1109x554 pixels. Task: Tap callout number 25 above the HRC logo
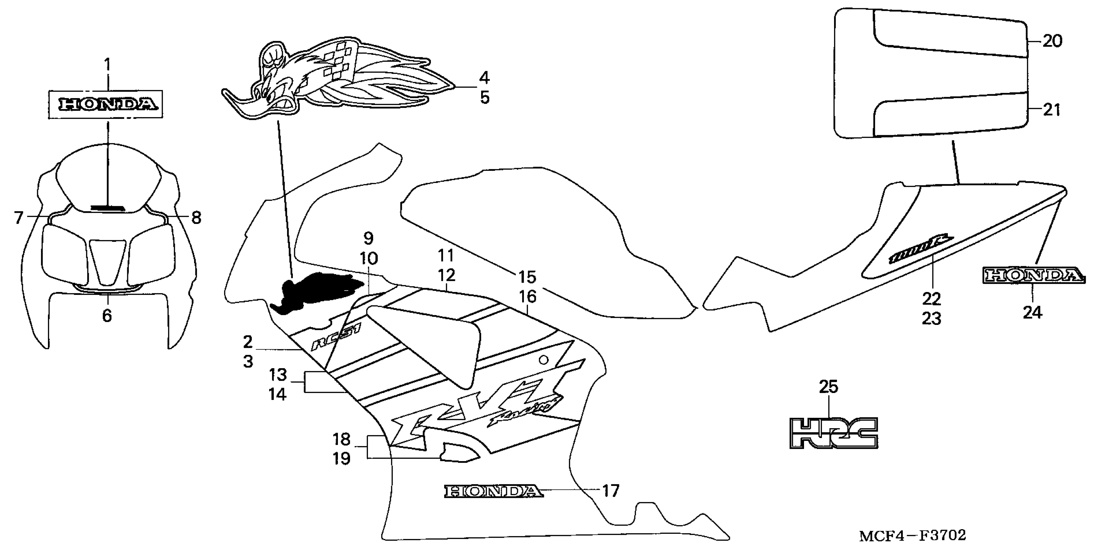click(x=828, y=387)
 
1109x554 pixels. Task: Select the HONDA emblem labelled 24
click(x=1033, y=276)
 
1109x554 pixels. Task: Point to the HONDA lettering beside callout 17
click(x=494, y=491)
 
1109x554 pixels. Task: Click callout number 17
click(x=611, y=491)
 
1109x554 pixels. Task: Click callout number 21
click(x=1052, y=110)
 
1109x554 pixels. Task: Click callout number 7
click(x=18, y=218)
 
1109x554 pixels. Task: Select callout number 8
click(x=196, y=218)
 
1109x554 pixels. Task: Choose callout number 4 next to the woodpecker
click(x=484, y=78)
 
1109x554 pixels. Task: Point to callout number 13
click(x=278, y=375)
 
